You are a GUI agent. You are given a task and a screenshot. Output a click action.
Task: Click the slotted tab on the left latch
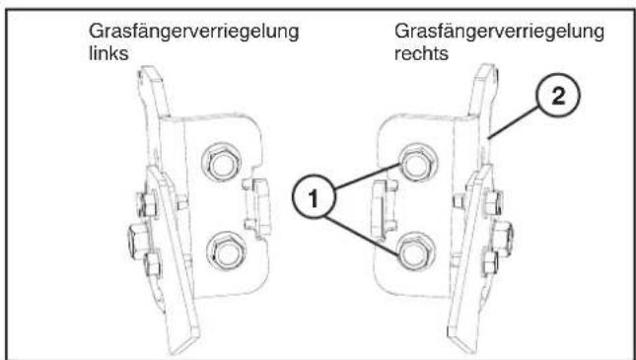click(254, 206)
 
